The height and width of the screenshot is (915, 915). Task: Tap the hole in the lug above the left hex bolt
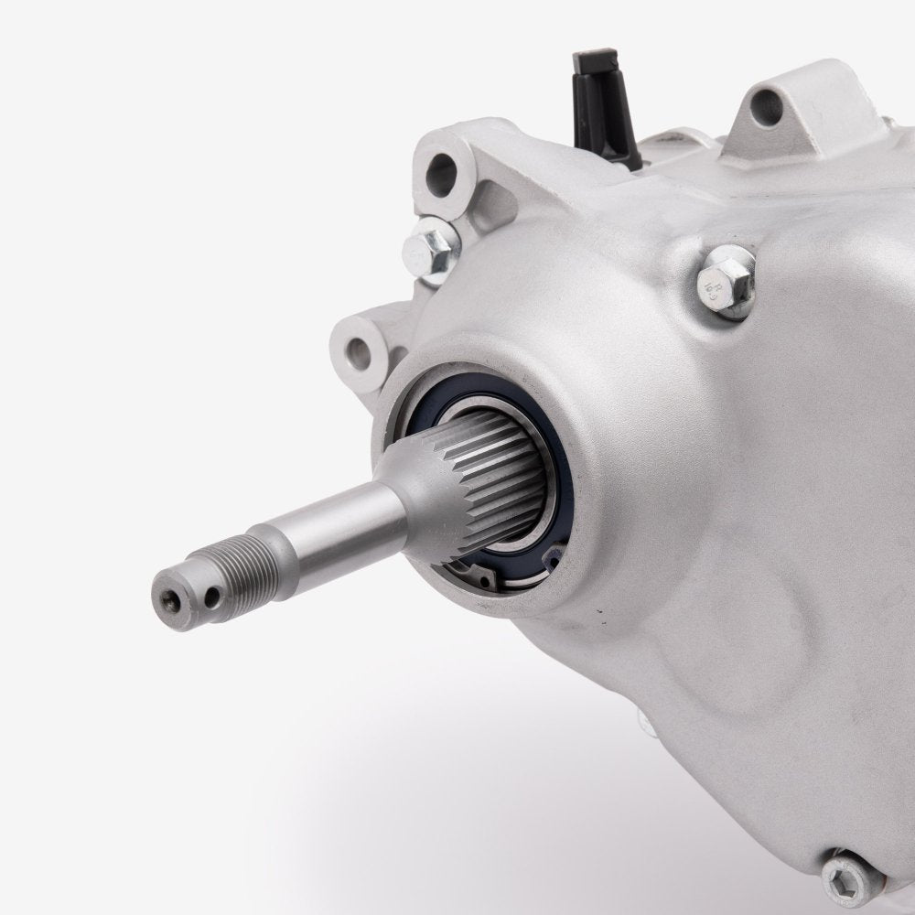[443, 168]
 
